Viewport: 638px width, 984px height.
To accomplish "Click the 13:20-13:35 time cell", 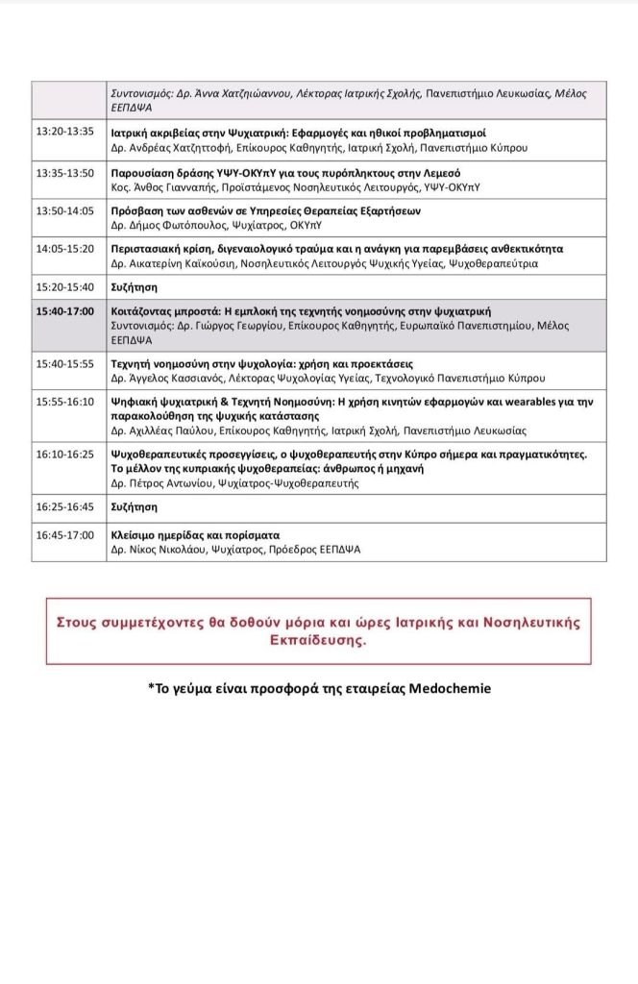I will click(x=64, y=132).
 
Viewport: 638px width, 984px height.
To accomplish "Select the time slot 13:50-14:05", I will click(x=64, y=210).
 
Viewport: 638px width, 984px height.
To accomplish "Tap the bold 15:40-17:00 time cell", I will click(x=66, y=312).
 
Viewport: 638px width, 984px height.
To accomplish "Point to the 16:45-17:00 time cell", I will click(x=64, y=535).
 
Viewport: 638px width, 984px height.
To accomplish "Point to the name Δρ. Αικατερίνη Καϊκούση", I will click(x=174, y=263).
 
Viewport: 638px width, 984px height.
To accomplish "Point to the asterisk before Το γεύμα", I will click(x=151, y=688).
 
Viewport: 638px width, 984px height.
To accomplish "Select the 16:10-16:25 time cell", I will click(x=64, y=454).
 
